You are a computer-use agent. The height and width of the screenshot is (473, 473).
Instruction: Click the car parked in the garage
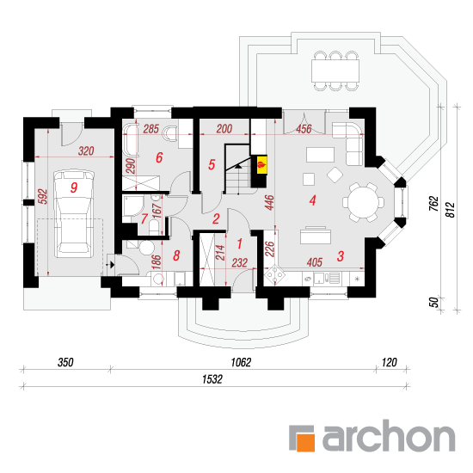[74, 213]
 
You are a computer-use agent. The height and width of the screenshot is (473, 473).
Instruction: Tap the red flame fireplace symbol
[261, 165]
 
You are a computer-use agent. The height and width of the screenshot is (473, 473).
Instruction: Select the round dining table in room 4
[363, 202]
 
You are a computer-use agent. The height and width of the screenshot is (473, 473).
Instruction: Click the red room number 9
[74, 187]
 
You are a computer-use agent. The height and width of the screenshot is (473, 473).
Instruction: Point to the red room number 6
[159, 157]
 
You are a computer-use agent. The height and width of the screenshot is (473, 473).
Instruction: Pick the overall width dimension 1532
[212, 379]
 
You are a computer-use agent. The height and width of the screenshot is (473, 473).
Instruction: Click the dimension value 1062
[241, 362]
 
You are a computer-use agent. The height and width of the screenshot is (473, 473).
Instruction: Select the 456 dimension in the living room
[304, 129]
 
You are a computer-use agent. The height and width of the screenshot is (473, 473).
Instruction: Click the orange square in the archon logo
[305, 442]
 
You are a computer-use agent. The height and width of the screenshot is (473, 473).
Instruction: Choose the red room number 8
[176, 255]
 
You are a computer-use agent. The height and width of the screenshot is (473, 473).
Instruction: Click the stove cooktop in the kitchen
[274, 275]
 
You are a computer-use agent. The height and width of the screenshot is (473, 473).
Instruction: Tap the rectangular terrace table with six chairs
[335, 71]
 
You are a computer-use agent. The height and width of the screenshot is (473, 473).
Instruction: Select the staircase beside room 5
[238, 169]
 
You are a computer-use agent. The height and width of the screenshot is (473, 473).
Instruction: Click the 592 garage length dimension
[43, 196]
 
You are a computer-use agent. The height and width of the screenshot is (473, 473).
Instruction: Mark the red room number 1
[240, 243]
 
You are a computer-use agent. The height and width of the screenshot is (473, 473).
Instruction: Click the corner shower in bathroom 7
[131, 206]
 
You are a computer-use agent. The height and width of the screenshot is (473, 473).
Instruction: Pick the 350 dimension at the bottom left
[65, 362]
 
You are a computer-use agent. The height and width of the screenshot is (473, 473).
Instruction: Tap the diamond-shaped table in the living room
[335, 175]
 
